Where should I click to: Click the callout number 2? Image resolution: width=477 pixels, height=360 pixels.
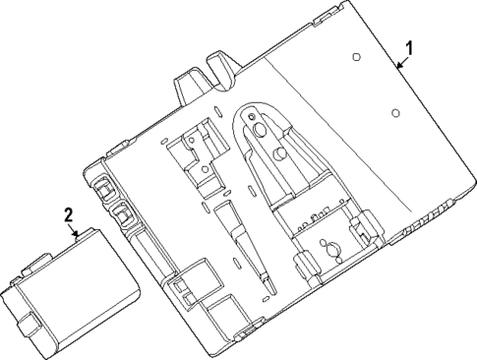68,213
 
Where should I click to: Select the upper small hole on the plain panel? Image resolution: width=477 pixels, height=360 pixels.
355,57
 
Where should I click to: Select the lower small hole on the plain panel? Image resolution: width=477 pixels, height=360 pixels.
394,113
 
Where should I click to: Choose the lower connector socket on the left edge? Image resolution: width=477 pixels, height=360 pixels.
124,215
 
